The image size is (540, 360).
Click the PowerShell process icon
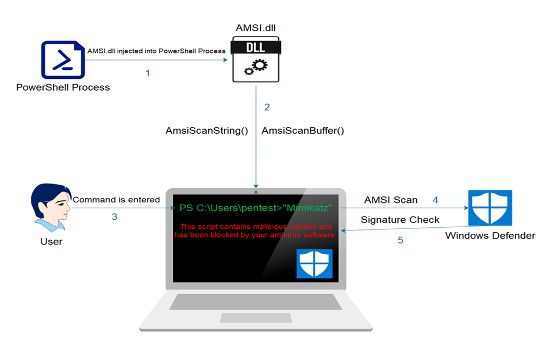(63, 60)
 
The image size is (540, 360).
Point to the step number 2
(267, 107)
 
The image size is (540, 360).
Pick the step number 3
(114, 217)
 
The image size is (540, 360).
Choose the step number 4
(435, 200)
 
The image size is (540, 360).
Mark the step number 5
(400, 240)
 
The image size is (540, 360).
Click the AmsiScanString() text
(206, 131)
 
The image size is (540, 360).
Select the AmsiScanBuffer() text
(303, 131)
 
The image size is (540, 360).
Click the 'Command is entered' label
(116, 200)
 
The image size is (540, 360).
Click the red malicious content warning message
(256, 231)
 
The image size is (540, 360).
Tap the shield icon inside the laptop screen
(314, 263)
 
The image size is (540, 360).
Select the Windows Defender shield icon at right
(490, 208)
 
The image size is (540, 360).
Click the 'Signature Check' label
(400, 220)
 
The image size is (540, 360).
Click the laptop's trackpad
(255, 316)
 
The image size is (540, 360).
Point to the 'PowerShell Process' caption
(63, 87)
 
